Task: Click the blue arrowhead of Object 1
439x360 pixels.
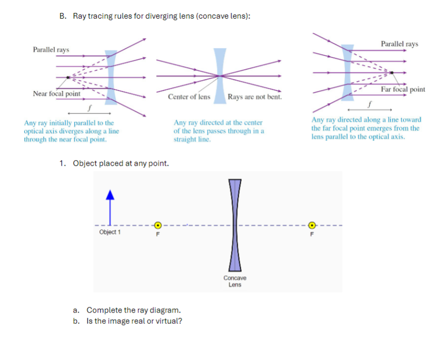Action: coord(109,195)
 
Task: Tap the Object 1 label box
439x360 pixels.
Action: coord(109,232)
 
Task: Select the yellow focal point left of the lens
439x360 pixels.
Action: coord(159,225)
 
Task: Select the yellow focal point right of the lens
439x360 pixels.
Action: coord(311,225)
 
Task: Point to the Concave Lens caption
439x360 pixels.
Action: coord(235,281)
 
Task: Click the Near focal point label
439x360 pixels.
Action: coord(56,93)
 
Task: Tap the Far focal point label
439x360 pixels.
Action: coord(403,89)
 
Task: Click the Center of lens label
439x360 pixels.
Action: coord(189,97)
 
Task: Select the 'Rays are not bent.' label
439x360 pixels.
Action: coord(255,97)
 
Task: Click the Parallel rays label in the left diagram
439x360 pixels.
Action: coord(51,50)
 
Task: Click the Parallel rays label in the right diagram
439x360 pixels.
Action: coord(399,44)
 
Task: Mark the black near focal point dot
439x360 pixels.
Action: coord(68,78)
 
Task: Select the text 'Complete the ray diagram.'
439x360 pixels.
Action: coord(134,310)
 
